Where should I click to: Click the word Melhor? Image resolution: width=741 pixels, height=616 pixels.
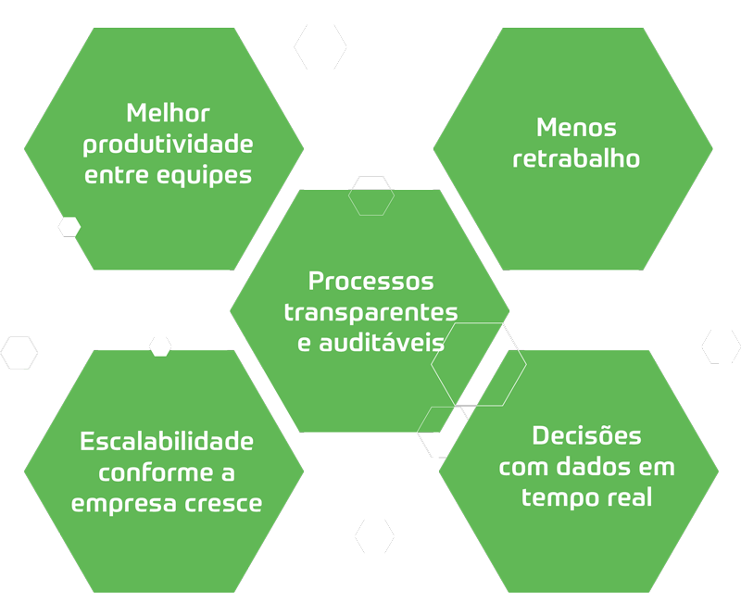(x=168, y=114)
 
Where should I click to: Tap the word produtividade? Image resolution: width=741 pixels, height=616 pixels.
(x=168, y=145)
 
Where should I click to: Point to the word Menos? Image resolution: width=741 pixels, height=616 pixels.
(x=576, y=128)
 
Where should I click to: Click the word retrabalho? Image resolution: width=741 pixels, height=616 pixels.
(x=576, y=158)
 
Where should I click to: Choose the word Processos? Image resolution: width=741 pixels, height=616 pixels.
(x=370, y=281)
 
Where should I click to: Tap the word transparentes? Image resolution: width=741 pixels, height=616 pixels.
(x=370, y=311)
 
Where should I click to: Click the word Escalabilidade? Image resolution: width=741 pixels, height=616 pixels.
(x=167, y=441)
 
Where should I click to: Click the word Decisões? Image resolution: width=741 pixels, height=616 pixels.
(x=587, y=435)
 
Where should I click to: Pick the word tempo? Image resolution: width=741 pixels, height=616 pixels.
(x=554, y=497)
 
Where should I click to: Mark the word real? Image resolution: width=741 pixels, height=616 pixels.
(x=629, y=497)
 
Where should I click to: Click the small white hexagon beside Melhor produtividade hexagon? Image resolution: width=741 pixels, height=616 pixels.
(x=69, y=226)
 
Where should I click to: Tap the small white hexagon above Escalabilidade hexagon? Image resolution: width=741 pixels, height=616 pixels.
(x=160, y=346)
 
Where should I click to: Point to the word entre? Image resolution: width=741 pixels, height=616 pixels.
(x=113, y=176)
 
